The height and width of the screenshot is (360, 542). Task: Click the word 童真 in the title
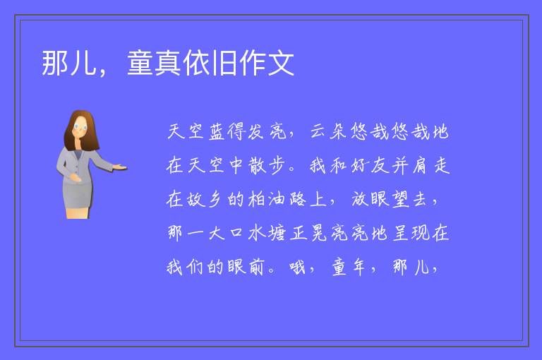(x=154, y=63)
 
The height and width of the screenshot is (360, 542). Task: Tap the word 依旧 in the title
(x=210, y=63)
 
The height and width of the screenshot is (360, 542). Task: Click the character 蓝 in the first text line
(x=217, y=132)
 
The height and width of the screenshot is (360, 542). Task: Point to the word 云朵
(x=328, y=131)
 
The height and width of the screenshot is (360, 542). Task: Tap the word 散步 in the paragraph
(x=267, y=165)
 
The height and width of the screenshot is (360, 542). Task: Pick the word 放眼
(x=370, y=199)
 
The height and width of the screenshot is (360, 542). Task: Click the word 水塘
(x=267, y=232)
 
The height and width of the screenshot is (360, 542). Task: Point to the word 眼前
(x=246, y=267)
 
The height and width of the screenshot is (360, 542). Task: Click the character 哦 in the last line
(x=298, y=267)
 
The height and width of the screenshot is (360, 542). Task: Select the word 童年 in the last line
(x=349, y=267)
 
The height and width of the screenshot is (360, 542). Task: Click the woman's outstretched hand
(x=120, y=167)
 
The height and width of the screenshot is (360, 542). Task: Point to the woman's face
(x=80, y=127)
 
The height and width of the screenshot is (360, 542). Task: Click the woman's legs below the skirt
(x=78, y=213)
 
